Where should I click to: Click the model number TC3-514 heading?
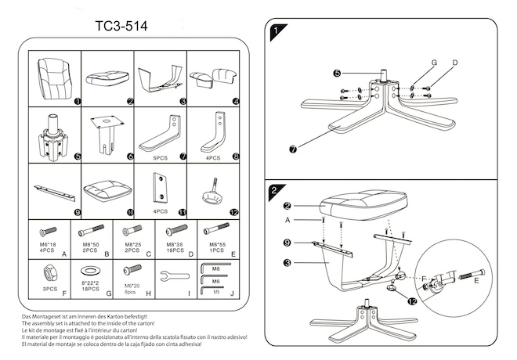(121, 26)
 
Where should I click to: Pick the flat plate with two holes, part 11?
(160, 188)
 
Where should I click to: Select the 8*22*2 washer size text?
(91, 283)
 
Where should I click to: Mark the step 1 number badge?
(275, 32)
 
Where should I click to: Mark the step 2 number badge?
(275, 189)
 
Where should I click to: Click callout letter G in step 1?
(433, 63)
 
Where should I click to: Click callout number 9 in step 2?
(287, 243)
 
